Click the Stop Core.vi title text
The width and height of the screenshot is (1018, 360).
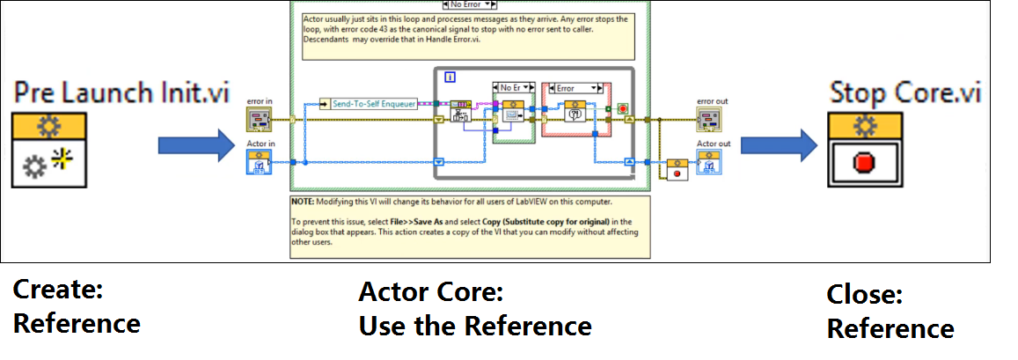[x=905, y=92]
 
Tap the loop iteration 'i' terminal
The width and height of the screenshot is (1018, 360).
[x=450, y=77]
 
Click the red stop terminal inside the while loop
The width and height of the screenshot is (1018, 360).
[x=622, y=108]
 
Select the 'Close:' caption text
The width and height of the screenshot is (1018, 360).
[x=864, y=295]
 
